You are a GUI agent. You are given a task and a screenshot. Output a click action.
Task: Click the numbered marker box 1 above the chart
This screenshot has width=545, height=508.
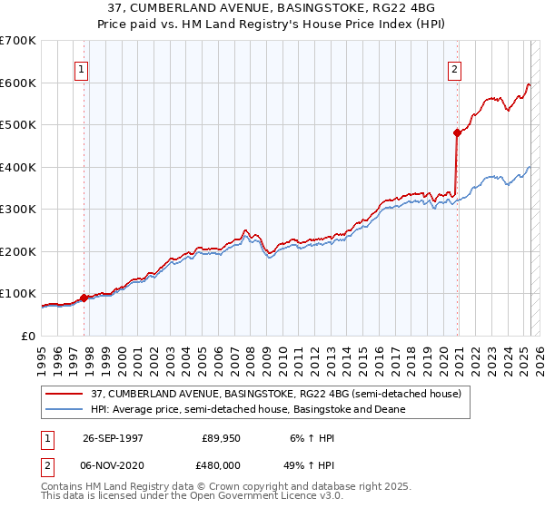click(x=82, y=68)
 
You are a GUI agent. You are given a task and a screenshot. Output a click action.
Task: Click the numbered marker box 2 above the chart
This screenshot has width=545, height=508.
click(x=454, y=68)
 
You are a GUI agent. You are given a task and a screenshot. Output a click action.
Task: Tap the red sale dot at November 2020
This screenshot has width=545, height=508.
click(x=457, y=132)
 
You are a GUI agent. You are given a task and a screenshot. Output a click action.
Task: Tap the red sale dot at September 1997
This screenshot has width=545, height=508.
click(x=84, y=298)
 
